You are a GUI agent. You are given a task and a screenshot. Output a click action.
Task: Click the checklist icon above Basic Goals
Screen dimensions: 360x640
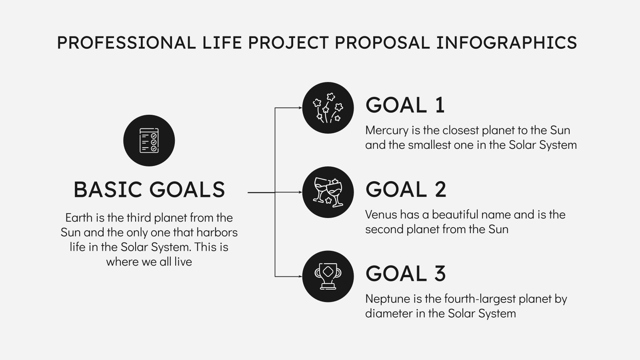[149, 140]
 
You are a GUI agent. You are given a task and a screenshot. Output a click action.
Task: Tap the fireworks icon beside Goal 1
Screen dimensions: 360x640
[328, 108]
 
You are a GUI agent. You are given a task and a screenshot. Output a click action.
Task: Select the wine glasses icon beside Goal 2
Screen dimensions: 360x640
[328, 192]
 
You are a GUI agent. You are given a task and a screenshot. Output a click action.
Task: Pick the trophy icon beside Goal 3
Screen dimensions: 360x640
[328, 276]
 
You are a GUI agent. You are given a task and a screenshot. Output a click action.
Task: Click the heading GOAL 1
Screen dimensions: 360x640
[405, 105]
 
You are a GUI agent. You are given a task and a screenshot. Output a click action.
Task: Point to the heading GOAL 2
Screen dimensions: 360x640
[406, 190]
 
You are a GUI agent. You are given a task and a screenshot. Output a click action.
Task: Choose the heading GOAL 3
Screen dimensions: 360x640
[406, 274]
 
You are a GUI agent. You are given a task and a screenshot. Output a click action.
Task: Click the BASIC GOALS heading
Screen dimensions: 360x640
[149, 190]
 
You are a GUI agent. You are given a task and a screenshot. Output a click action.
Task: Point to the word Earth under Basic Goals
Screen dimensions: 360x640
[79, 218]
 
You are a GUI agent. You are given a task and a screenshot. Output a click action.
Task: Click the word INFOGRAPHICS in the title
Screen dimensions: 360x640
[506, 42]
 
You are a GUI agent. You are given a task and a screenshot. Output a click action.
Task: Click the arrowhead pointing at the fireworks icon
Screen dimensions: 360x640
[300, 108]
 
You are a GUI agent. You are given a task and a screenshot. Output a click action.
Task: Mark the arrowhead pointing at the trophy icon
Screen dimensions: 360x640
[300, 276]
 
